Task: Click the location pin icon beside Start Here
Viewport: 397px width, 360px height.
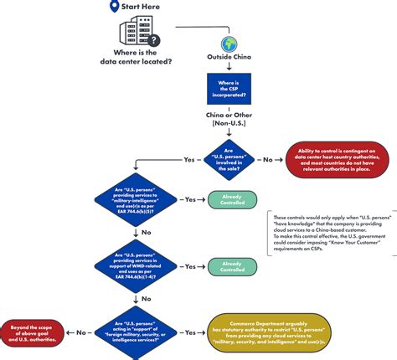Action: pyautogui.click(x=114, y=8)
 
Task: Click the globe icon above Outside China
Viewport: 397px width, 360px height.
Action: pyautogui.click(x=229, y=44)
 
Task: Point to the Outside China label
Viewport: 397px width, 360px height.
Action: pyautogui.click(x=229, y=59)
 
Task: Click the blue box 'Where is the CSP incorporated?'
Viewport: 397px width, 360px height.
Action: pyautogui.click(x=229, y=89)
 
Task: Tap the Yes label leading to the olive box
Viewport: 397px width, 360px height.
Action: pyautogui.click(x=191, y=332)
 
